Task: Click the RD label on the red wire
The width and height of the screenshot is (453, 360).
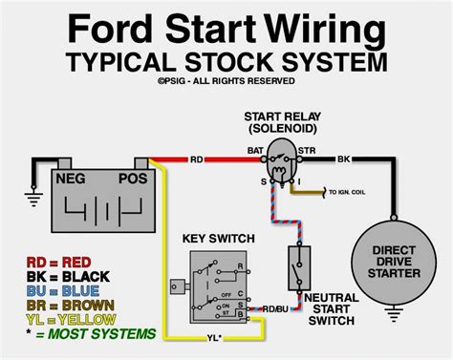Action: pyautogui.click(x=196, y=160)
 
